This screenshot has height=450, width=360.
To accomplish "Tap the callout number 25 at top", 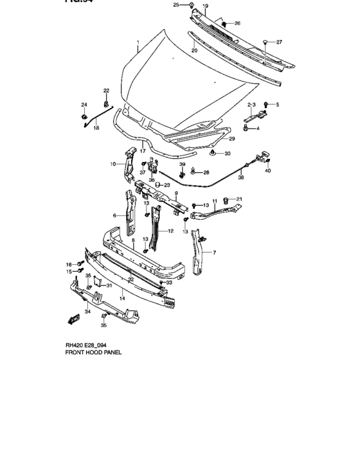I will [176, 5].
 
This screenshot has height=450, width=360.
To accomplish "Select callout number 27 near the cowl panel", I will [279, 42].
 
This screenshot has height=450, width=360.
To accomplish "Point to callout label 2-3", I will [252, 104].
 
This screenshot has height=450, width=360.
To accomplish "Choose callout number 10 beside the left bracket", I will [112, 165].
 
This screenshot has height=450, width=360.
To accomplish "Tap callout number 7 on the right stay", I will [214, 253].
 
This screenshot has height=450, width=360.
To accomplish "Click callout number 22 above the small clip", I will [106, 90].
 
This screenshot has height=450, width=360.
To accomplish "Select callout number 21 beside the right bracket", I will [240, 199].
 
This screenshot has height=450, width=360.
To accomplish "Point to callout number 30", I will [228, 154].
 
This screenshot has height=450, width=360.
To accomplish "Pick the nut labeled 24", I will [84, 116].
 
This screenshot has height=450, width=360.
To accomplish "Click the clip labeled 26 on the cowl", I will [225, 25].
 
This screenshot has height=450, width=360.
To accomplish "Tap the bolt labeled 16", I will [80, 264].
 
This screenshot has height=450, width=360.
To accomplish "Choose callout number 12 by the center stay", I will [171, 231].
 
